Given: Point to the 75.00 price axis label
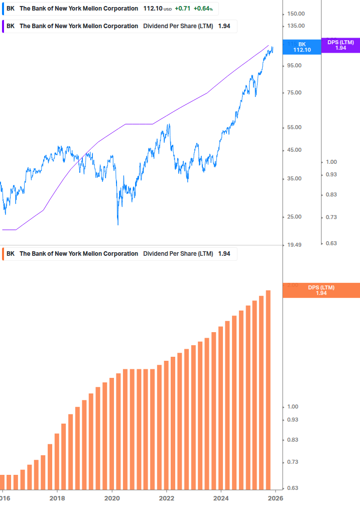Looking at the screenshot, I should (293, 92).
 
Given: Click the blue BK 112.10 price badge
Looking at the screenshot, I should (302, 47).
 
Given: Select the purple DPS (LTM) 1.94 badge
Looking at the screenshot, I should (340, 45).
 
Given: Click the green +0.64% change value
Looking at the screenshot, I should (203, 9).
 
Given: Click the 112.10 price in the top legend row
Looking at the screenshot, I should (152, 9).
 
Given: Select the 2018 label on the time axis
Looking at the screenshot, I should (57, 498).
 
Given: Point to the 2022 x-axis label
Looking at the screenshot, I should (167, 498).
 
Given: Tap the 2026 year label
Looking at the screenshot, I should (275, 498).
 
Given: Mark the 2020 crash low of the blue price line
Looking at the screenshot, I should (118, 224).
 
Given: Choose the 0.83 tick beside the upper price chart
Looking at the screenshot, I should (331, 194).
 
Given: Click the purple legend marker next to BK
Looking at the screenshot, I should (4, 26).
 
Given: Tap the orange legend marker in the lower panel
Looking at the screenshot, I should (4, 254).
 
